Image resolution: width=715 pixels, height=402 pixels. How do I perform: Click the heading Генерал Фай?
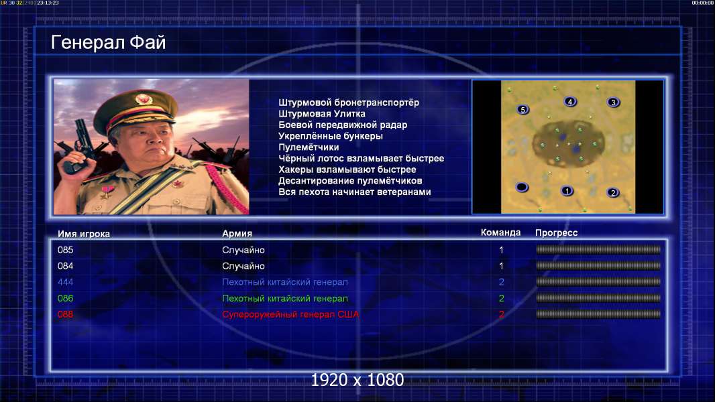point(108,42)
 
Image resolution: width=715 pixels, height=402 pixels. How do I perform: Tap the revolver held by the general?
point(79,145)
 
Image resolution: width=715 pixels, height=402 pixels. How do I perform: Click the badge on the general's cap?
point(143,98)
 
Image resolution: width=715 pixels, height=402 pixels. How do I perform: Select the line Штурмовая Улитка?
point(321,114)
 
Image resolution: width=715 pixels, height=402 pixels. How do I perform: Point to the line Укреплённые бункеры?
point(330,136)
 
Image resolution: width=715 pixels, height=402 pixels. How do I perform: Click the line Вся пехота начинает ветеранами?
point(354,192)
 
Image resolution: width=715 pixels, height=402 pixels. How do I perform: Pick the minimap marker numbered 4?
point(569,102)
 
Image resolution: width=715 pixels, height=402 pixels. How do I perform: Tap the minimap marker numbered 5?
point(522,109)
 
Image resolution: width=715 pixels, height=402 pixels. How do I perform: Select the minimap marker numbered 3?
point(613,102)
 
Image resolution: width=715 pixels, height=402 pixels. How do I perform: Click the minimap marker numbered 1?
point(566,191)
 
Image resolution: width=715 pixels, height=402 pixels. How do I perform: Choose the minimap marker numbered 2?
point(612,192)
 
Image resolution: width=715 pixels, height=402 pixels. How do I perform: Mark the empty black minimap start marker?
point(521,187)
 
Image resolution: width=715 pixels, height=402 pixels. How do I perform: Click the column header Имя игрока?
point(83,234)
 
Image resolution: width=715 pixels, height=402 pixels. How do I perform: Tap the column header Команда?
point(500,232)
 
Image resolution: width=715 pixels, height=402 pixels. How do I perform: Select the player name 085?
point(65,250)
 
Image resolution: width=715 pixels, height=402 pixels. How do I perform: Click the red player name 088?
point(65,314)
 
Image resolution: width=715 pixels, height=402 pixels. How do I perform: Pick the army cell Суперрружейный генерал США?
point(290,315)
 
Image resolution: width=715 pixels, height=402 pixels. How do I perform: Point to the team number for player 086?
point(501,298)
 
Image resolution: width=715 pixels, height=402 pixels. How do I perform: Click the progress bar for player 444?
point(598,282)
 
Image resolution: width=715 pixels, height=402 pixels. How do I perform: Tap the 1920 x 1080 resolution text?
point(357,380)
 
